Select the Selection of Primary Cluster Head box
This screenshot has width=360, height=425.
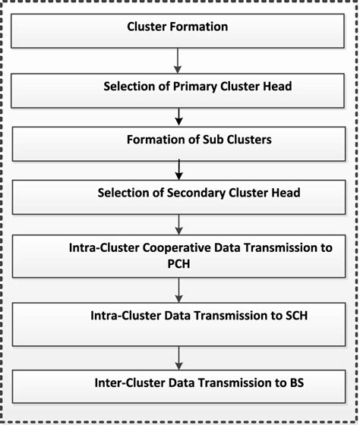178,87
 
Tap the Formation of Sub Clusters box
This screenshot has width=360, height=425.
178,140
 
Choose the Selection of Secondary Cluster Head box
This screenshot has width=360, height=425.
178,193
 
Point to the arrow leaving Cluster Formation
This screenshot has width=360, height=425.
178,60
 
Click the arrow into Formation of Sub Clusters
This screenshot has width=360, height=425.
178,113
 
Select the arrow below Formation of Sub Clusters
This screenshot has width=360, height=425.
178,166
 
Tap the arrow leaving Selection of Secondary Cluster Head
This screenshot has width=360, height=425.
178,221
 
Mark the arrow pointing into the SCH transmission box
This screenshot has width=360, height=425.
178,288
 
